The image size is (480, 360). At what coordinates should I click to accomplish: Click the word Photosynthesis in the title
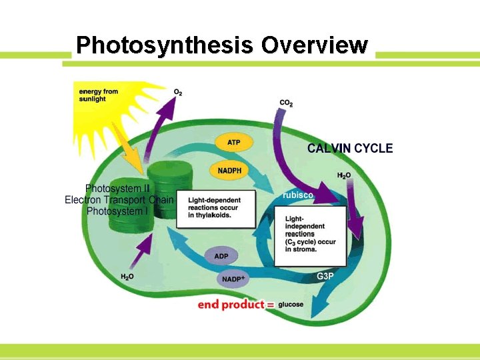pos(164,45)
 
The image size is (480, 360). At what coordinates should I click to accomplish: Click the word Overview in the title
pos(314,45)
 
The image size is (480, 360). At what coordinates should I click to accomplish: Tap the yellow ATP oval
pos(233,143)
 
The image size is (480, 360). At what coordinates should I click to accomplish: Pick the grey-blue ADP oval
pos(221,256)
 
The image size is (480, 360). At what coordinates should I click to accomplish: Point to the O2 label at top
pos(178,92)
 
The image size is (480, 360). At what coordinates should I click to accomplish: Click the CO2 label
pos(286,103)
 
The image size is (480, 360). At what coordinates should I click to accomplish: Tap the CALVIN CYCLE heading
pos(350,148)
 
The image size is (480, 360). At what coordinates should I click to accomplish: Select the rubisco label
pos(298,195)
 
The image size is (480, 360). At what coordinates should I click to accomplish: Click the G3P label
pos(325,276)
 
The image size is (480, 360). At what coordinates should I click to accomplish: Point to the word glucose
pos(291,305)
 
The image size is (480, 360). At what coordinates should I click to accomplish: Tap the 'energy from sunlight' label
pos(99,95)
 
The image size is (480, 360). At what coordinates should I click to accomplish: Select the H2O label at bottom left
pos(127,277)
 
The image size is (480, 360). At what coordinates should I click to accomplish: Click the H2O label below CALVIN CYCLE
pos(344,175)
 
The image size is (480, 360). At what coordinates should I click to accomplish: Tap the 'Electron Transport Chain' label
pos(119,200)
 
